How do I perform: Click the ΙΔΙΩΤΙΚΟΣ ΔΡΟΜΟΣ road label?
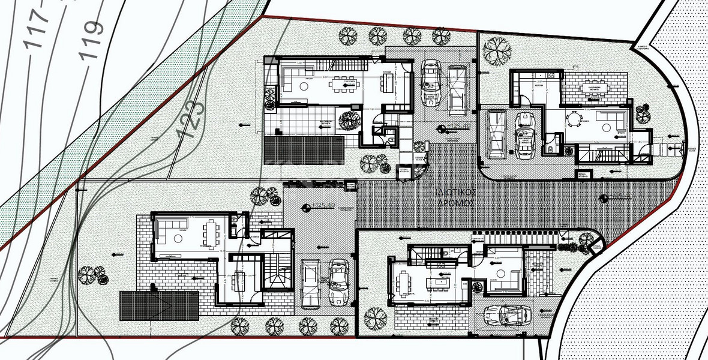[x=456, y=197]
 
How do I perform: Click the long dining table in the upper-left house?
[x=345, y=86]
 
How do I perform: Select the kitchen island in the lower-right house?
[x=442, y=280]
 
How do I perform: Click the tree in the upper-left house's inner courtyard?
[x=347, y=118]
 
